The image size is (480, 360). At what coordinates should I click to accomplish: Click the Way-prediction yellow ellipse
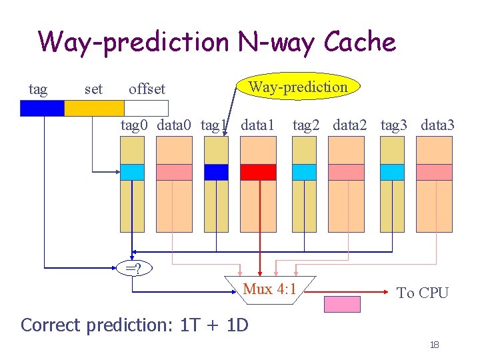(298, 87)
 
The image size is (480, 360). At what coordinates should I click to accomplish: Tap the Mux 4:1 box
(269, 289)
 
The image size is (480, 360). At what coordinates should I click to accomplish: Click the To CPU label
(423, 293)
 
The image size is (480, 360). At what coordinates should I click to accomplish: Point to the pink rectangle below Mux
(342, 304)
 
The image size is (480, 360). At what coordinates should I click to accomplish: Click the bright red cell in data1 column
(258, 172)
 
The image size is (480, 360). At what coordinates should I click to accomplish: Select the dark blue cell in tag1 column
(216, 172)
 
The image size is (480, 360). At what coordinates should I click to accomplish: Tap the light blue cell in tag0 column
(132, 172)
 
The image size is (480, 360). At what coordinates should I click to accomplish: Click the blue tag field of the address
(42, 108)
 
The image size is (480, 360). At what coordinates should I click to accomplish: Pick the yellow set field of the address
(94, 108)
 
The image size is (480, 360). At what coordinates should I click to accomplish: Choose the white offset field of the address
(147, 108)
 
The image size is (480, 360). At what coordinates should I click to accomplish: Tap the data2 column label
(350, 125)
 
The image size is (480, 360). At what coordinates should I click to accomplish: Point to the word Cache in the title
(359, 43)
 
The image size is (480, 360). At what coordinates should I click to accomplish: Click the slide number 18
(434, 345)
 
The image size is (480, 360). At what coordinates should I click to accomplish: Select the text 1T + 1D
(214, 325)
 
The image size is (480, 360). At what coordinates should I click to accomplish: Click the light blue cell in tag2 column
(305, 172)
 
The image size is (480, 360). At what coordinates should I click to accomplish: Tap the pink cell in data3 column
(434, 172)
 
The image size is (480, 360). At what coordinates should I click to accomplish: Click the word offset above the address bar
(147, 89)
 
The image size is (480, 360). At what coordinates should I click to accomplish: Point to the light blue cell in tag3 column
(393, 172)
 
